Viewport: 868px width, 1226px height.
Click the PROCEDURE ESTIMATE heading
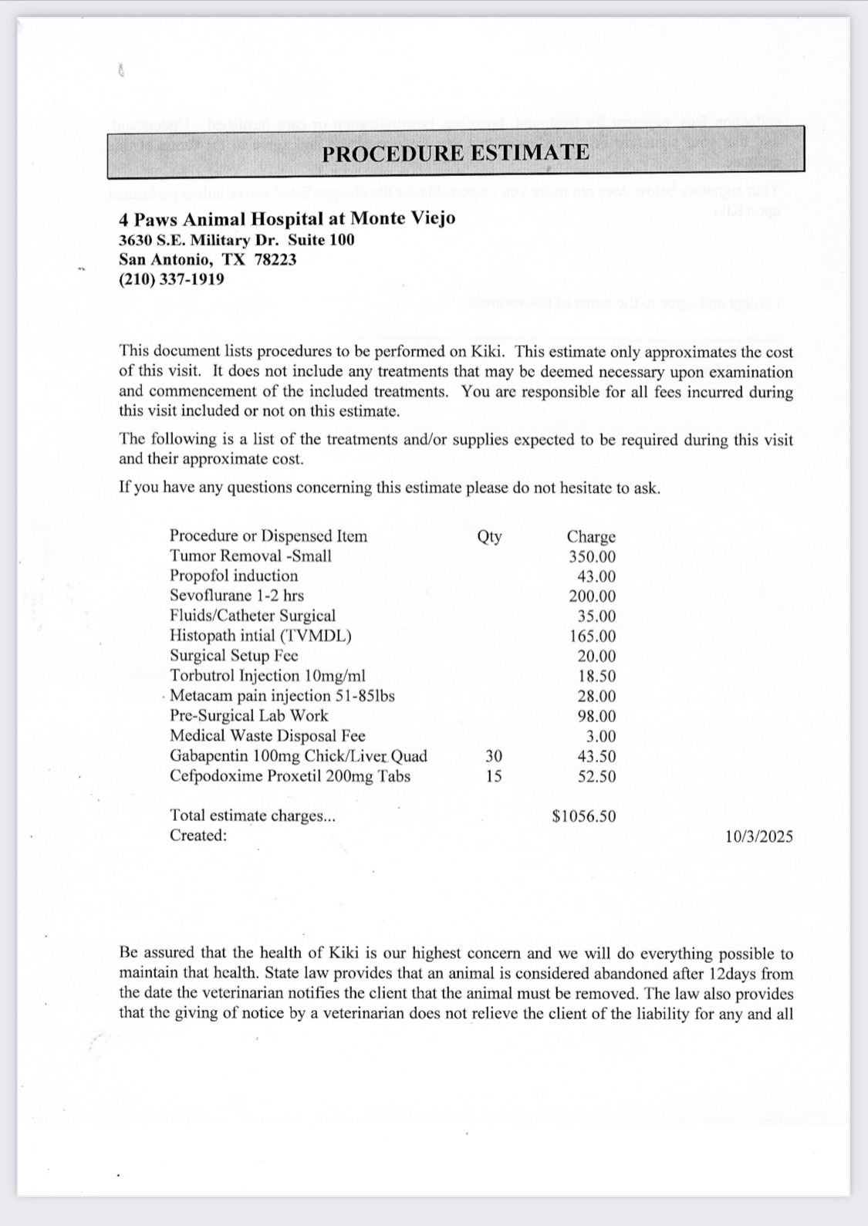[455, 152]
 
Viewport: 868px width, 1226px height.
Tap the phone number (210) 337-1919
[171, 279]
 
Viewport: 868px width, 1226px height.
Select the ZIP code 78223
[275, 259]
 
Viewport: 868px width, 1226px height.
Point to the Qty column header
[489, 536]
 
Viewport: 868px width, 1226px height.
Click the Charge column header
[591, 536]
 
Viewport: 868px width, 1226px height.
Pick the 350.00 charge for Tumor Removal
[592, 556]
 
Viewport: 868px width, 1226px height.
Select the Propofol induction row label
[233, 576]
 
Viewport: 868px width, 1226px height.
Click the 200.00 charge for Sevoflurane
[592, 596]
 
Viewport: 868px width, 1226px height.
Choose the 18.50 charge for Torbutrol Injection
[596, 676]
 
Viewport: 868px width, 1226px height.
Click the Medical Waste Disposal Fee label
[267, 736]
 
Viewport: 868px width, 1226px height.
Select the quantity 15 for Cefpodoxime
[494, 776]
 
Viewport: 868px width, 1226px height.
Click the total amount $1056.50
[584, 816]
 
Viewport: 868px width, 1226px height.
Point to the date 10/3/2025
[758, 836]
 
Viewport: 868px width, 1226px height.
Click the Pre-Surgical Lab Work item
[248, 716]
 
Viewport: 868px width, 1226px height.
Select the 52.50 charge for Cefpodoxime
[596, 777]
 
